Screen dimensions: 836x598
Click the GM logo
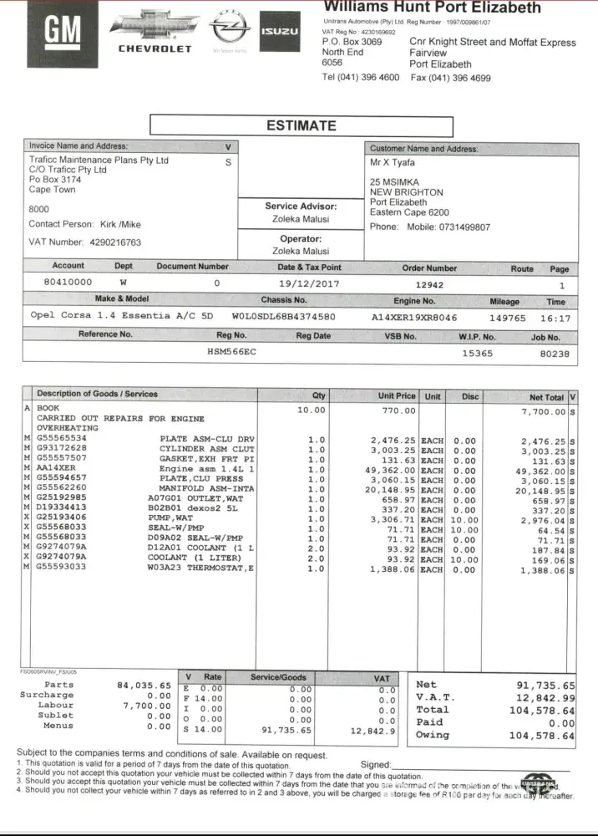(x=63, y=33)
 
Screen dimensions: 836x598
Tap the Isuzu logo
(x=280, y=31)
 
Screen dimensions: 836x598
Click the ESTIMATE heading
(x=302, y=126)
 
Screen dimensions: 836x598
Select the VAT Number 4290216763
(x=115, y=242)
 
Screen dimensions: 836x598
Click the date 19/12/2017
(x=309, y=283)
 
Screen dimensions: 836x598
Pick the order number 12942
(x=430, y=283)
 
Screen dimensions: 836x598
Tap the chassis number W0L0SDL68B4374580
(x=283, y=317)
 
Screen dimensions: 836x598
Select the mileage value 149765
(x=507, y=318)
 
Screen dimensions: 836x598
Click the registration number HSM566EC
(x=232, y=353)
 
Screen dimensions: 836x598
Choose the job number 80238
(x=555, y=353)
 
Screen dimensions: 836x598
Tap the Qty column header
(x=319, y=395)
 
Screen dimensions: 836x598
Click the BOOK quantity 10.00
(x=312, y=410)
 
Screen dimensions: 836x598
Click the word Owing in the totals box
(x=432, y=735)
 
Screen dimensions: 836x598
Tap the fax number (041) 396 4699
(x=451, y=78)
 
